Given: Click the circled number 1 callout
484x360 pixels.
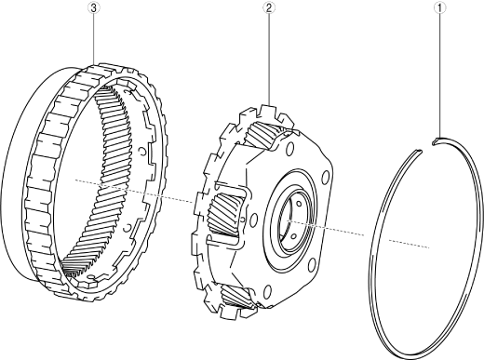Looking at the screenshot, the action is (x=439, y=8).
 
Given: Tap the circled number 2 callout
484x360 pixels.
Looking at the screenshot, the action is (x=269, y=7).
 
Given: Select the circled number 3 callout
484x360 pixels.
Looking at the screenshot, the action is (x=94, y=7).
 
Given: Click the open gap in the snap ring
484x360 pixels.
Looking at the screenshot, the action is (x=427, y=147).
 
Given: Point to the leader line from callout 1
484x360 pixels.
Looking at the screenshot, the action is (x=439, y=75).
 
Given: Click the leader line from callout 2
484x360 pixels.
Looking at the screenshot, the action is (x=269, y=59).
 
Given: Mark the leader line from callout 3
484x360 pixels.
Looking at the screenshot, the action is (x=94, y=39).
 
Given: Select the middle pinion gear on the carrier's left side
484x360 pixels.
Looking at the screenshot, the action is (x=224, y=213).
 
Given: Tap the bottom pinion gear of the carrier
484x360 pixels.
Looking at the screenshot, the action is (x=235, y=296).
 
